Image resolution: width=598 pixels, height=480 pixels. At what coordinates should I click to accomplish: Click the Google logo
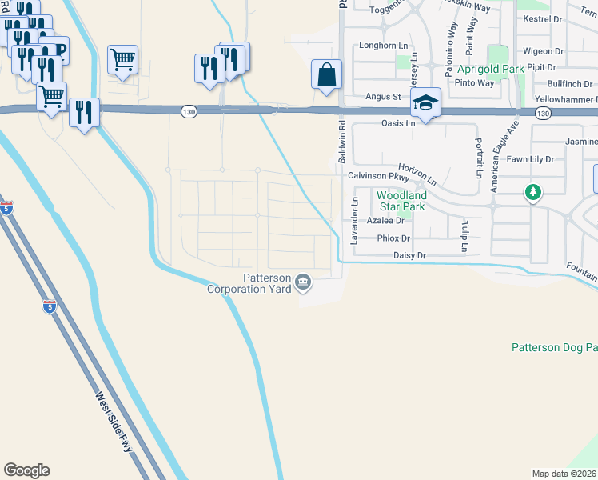[26, 470]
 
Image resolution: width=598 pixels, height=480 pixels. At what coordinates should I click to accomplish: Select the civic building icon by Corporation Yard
[303, 281]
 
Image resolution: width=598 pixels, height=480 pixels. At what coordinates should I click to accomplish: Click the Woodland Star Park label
[401, 200]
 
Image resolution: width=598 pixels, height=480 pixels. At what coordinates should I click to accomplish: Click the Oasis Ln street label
[399, 124]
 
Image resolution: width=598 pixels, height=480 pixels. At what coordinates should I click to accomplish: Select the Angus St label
[382, 97]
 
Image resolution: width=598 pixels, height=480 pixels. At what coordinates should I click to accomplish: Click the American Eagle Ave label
[505, 156]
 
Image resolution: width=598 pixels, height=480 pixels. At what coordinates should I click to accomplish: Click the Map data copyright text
[564, 474]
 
